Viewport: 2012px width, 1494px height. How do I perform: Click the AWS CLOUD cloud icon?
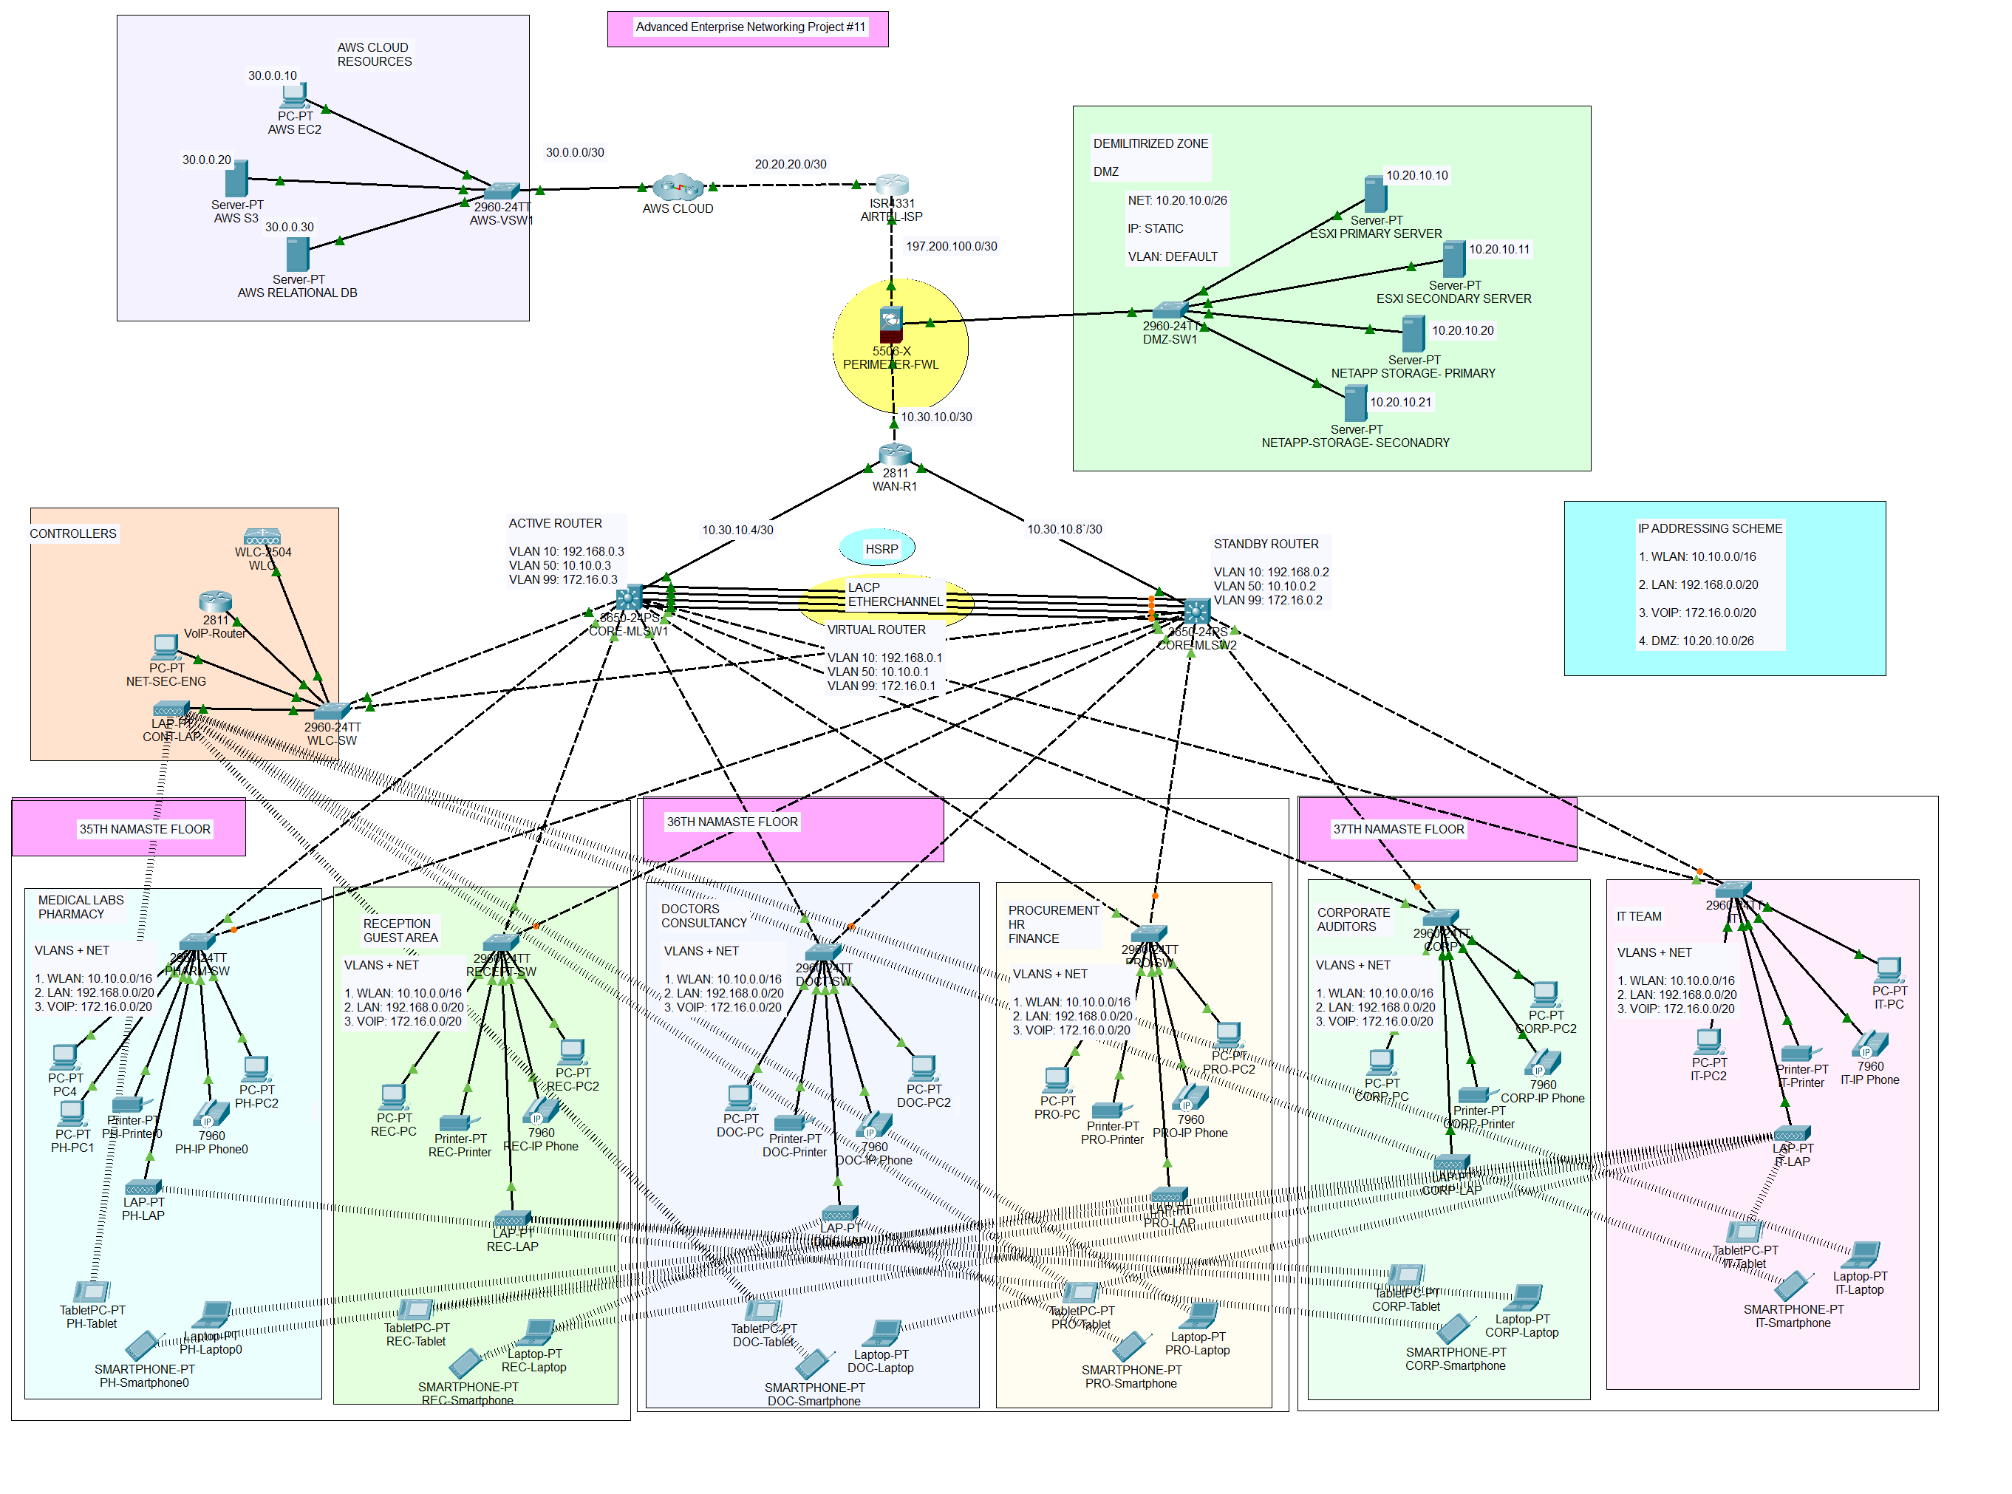(x=678, y=187)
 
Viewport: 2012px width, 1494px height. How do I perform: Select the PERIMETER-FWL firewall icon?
(x=890, y=324)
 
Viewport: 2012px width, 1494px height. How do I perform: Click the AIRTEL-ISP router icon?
(x=892, y=185)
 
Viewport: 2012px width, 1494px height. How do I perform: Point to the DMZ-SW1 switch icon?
(x=1170, y=311)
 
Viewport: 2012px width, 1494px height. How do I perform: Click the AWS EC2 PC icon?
(x=294, y=95)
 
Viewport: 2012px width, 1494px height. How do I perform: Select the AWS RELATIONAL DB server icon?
(x=298, y=254)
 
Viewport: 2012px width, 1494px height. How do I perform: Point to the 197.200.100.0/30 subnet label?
(x=951, y=246)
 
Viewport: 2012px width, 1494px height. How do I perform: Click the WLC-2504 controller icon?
(x=262, y=537)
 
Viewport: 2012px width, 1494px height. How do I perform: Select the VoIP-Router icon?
(x=215, y=601)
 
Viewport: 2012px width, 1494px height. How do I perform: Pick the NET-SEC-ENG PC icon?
(x=166, y=647)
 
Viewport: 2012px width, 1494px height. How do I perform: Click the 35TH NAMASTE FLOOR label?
(x=145, y=829)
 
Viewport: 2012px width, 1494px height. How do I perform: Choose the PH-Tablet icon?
(x=92, y=1292)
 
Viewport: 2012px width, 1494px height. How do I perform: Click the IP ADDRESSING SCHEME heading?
(x=1709, y=528)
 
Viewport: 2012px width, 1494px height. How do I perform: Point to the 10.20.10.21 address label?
(x=1399, y=403)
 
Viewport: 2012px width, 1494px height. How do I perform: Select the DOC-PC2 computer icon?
(x=924, y=1068)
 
